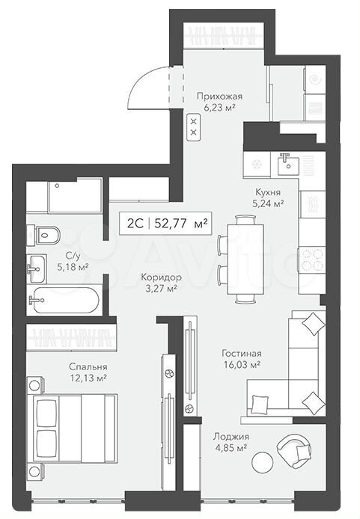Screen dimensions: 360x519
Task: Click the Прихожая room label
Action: pos(219,96)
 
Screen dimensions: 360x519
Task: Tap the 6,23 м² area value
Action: pos(219,108)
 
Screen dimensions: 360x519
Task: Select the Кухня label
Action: pos(268,192)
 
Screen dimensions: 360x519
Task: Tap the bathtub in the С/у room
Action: pos(63,300)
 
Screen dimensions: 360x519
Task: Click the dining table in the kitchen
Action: pos(245,259)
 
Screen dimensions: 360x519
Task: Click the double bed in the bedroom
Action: pos(76,428)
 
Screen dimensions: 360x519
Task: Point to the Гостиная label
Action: pos(242,354)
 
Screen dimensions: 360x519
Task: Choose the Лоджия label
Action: pos(231,437)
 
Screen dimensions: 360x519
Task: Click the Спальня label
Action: pos(88,366)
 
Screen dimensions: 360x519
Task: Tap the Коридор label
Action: pos(161,277)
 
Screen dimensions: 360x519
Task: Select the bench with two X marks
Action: pos(194,127)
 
